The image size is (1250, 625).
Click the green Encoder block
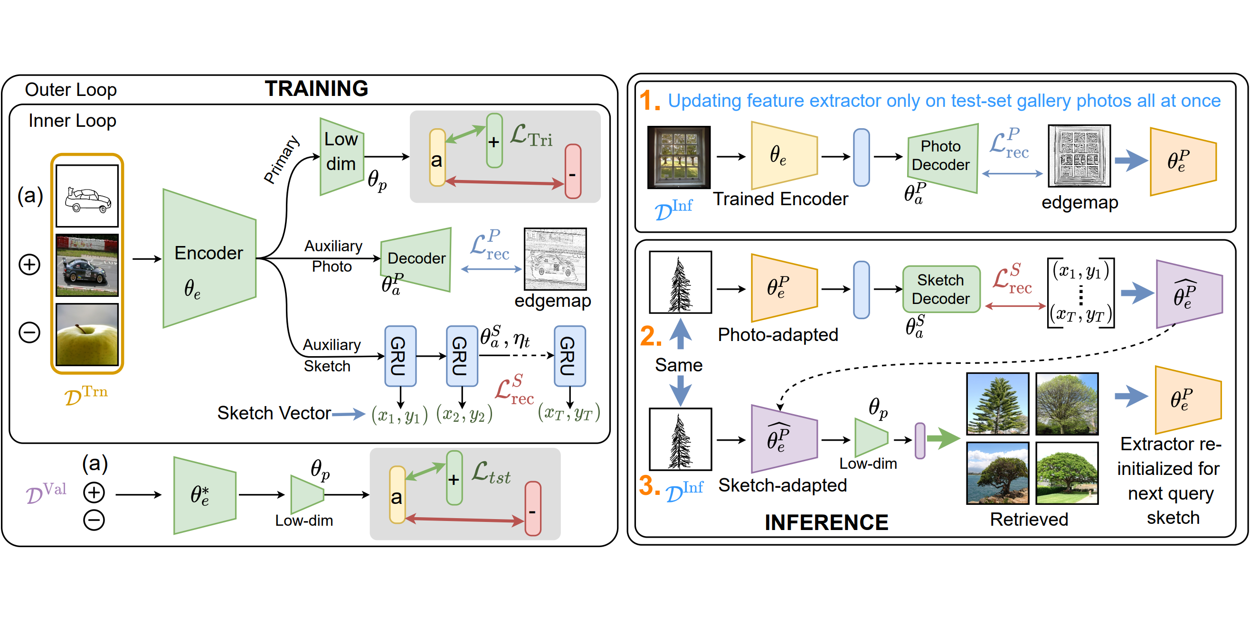tap(208, 259)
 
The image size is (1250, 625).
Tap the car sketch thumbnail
tap(87, 196)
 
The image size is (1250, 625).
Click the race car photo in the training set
tap(87, 265)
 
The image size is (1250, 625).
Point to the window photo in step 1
tap(678, 157)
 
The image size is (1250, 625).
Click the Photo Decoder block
tap(941, 157)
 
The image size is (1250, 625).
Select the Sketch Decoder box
tap(940, 289)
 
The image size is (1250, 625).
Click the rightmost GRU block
tap(569, 356)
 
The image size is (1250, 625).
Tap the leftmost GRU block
tap(400, 356)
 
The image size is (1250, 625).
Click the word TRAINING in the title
tap(316, 89)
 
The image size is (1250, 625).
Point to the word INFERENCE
tap(826, 522)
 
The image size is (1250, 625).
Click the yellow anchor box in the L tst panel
tap(397, 495)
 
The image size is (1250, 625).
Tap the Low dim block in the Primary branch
tap(341, 156)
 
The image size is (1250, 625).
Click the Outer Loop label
tap(71, 90)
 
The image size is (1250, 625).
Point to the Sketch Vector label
tap(274, 413)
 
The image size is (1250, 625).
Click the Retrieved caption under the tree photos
tap(1029, 520)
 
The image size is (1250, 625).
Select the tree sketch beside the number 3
tap(680, 439)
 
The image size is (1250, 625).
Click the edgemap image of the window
tap(1079, 156)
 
